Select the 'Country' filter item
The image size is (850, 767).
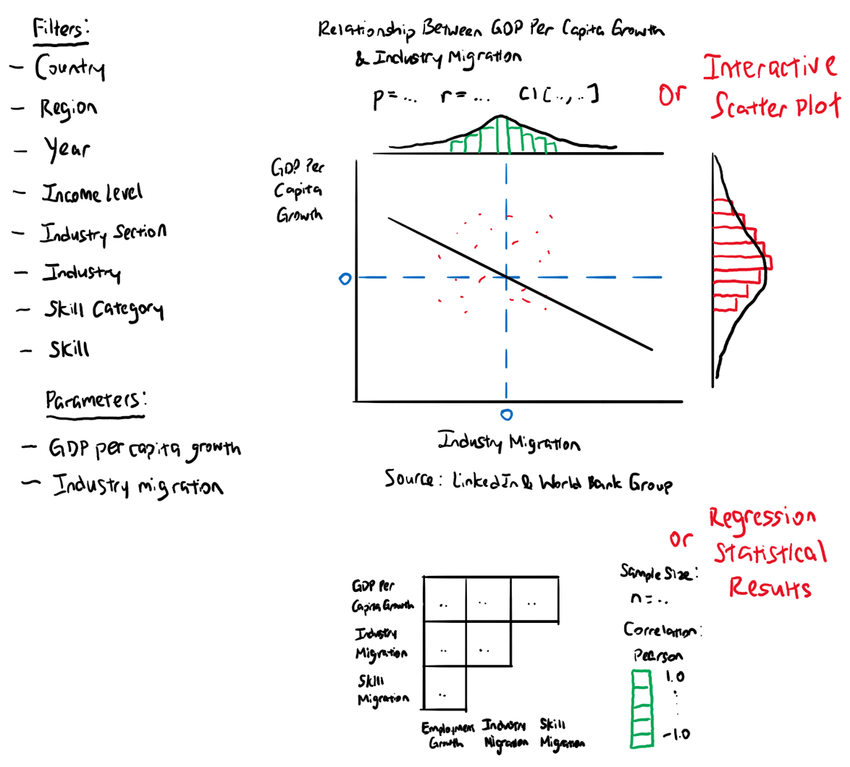coord(69,69)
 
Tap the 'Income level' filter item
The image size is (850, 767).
coord(91,193)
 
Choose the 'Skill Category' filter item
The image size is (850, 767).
coord(102,310)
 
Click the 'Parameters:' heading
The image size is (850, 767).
coord(96,401)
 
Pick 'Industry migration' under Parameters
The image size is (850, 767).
coord(137,486)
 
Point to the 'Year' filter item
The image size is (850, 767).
coord(67,149)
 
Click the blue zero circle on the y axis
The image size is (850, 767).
coord(344,279)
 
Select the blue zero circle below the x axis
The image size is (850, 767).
coord(506,415)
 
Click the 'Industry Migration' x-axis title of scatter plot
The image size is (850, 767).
coord(509,443)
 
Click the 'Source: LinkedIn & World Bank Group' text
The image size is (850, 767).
coord(527,482)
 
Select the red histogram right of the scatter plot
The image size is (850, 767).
coord(737,261)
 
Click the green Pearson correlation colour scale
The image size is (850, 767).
coord(641,709)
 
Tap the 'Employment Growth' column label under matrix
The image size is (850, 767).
coord(447,734)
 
